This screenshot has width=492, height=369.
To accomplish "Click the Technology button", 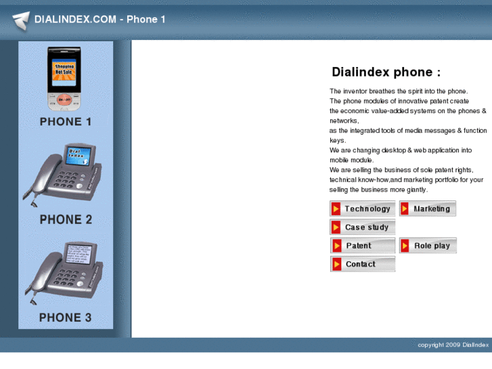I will click(x=363, y=209).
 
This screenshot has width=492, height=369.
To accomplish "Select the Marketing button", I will click(x=428, y=209).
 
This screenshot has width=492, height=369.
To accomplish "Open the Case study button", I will click(x=363, y=227).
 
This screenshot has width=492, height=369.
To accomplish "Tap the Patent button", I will click(x=363, y=245).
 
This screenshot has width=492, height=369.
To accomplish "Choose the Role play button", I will click(x=428, y=245).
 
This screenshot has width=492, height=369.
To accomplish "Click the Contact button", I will click(x=363, y=264).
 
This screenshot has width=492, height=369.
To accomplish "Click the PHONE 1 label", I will click(x=66, y=122).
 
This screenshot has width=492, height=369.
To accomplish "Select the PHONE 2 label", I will click(x=66, y=219).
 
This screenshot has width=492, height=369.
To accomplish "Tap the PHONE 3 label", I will click(x=66, y=317).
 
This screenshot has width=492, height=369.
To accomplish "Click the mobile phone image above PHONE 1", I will click(x=64, y=79).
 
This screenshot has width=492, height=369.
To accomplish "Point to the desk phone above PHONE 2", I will click(x=63, y=175).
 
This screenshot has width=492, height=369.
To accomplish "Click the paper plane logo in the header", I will click(x=21, y=20).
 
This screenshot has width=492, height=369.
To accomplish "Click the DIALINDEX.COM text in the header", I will click(x=75, y=19).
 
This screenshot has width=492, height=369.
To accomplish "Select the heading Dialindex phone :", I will click(x=386, y=72).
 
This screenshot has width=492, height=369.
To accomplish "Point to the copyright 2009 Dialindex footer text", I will click(x=453, y=345).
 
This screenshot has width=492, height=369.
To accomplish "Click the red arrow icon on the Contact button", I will click(x=336, y=264).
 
